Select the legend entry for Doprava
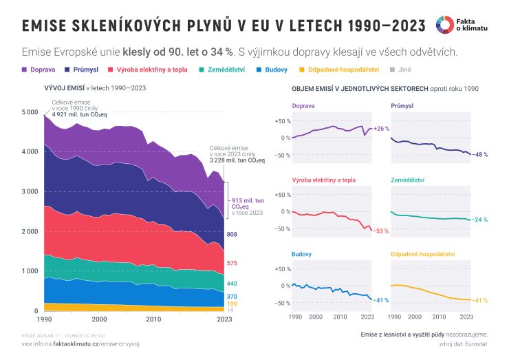(38, 70)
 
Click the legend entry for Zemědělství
(219, 70)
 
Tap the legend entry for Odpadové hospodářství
(336, 70)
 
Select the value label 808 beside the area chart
(232, 235)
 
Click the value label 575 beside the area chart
(232, 264)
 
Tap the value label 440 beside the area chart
(232, 284)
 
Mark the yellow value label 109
(232, 304)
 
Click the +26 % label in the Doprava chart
(382, 129)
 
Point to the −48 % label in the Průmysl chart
(481, 155)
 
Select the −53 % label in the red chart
(382, 231)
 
